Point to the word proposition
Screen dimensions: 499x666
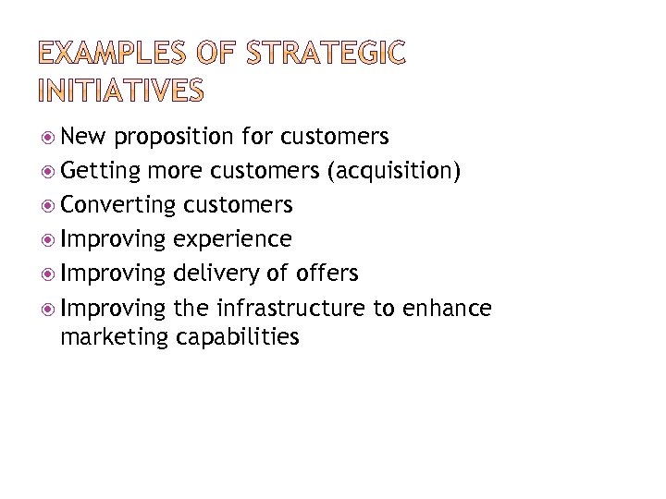(x=175, y=138)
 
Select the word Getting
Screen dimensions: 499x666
(x=100, y=171)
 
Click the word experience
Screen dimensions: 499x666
(x=232, y=238)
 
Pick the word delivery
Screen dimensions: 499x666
(x=213, y=273)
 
